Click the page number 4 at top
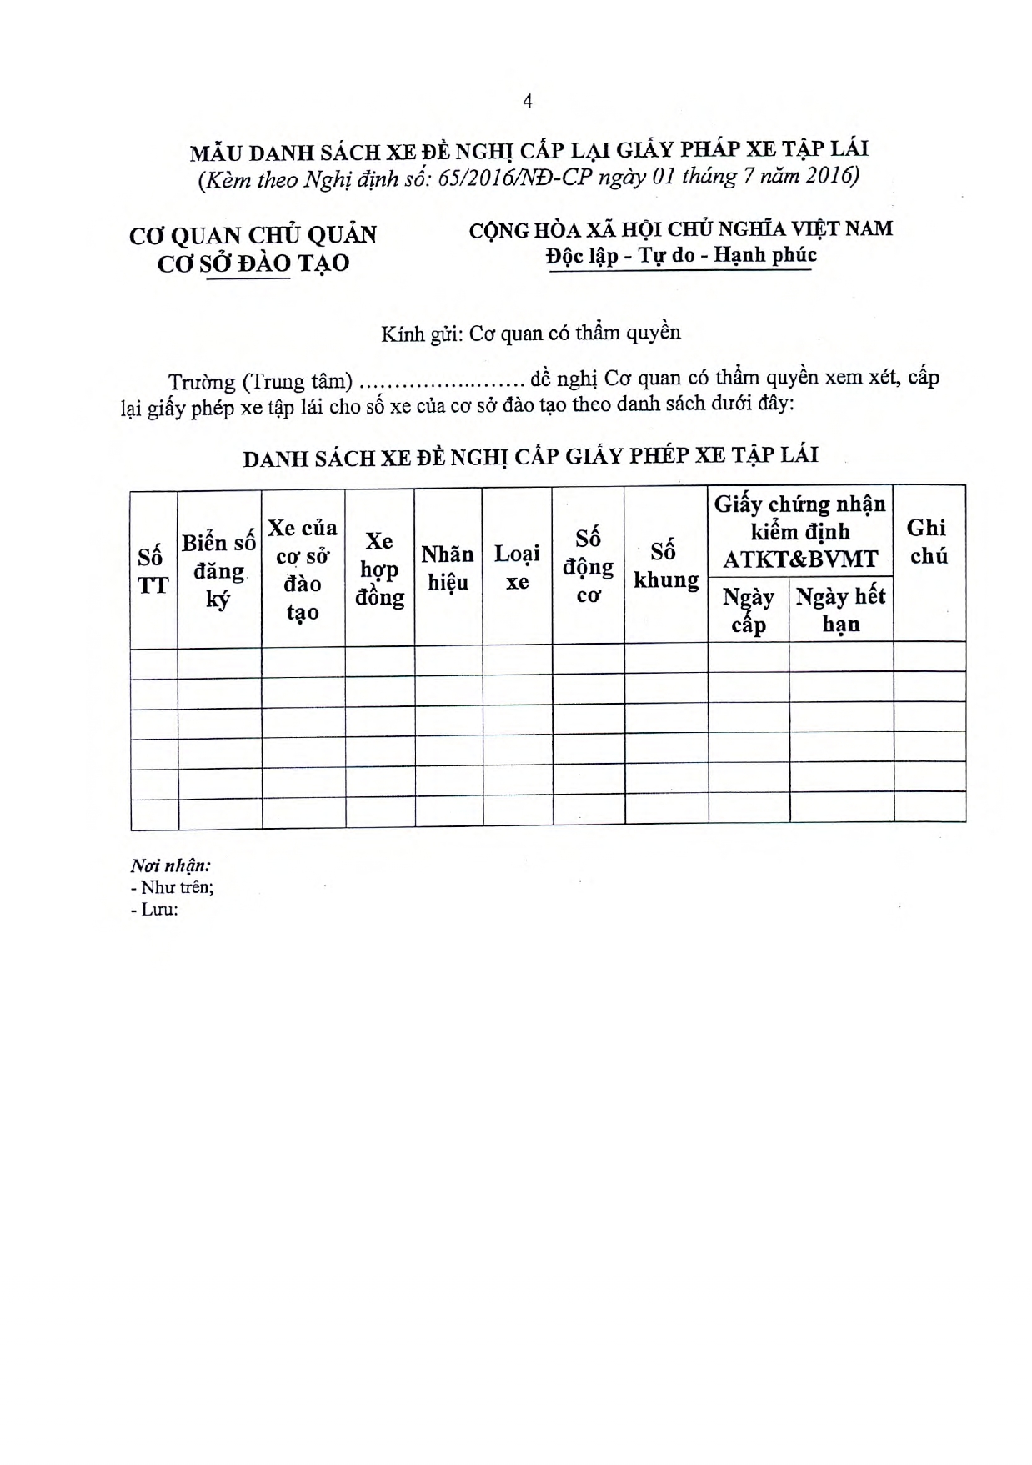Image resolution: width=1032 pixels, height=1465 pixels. [527, 102]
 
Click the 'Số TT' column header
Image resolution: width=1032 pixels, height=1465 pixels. [153, 571]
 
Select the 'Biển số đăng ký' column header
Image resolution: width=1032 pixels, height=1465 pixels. [218, 571]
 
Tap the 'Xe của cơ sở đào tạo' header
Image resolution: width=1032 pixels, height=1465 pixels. [303, 569]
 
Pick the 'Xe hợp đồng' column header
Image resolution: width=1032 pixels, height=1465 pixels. [379, 569]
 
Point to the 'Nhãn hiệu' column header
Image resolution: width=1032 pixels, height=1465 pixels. [448, 568]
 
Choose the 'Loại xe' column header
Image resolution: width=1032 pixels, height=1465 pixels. [517, 567]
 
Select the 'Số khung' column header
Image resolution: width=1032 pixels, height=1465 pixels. [665, 565]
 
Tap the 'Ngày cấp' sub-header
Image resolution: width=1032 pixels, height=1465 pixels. [748, 610]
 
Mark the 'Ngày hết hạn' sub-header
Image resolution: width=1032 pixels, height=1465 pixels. [840, 610]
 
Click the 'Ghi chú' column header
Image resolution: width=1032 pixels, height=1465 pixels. [927, 541]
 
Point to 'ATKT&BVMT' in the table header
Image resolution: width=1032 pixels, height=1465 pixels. [799, 558]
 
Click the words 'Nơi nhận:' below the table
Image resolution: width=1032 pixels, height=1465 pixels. [170, 865]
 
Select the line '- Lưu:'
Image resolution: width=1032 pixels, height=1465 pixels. [155, 909]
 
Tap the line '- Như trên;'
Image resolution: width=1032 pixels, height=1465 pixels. [173, 887]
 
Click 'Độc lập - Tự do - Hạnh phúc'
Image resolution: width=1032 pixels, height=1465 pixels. [680, 255]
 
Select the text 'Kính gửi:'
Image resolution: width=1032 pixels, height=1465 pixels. [421, 334]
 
